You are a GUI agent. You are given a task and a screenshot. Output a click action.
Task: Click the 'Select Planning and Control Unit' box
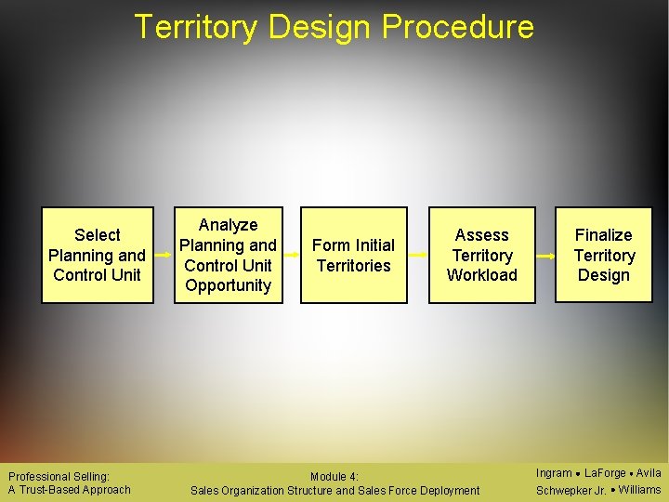pos(98,255)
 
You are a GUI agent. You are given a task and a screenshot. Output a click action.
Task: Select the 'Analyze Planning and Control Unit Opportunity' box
pos(228,255)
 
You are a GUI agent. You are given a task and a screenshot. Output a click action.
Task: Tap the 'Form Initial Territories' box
pos(354,255)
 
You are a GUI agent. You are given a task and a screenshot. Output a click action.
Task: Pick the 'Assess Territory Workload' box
pos(482,255)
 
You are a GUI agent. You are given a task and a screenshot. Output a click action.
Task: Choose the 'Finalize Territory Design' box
pos(604,255)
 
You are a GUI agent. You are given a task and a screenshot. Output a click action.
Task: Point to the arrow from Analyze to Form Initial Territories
pos(292,255)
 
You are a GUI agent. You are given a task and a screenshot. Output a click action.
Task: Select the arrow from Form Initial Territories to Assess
pos(418,255)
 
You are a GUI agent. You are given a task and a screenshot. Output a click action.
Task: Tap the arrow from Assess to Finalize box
pos(545,255)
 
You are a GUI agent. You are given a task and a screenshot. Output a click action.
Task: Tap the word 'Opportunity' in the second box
pos(228,285)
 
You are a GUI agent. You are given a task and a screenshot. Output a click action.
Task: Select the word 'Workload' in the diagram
pos(482,275)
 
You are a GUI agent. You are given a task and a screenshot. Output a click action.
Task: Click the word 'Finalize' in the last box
pos(604,235)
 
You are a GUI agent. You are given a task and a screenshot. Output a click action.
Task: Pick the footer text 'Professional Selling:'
pos(59,476)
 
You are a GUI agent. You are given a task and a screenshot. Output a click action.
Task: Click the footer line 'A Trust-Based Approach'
pos(69,490)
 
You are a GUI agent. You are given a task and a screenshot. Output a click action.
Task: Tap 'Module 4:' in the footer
pos(334,477)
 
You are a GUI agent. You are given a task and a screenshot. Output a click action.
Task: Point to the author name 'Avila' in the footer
pos(649,473)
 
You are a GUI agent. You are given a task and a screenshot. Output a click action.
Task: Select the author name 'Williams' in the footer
pos(639,490)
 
